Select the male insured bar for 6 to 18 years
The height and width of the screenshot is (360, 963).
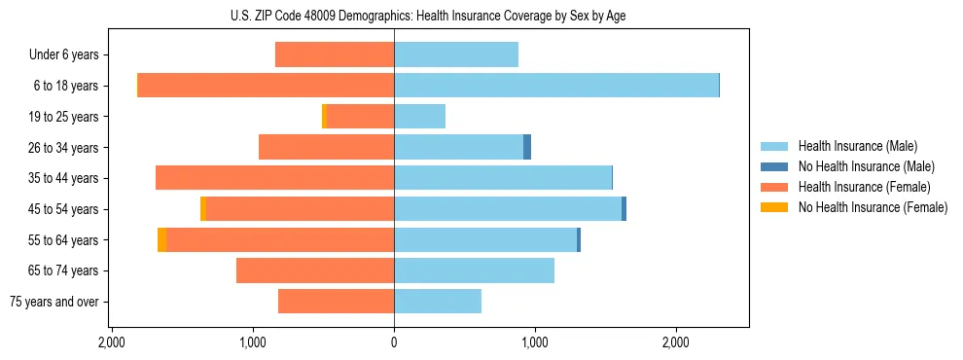(x=555, y=86)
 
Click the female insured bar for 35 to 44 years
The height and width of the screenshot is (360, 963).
(x=274, y=178)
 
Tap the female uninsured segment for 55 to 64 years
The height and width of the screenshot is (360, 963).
(x=161, y=239)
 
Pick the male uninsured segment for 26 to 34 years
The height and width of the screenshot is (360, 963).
(x=527, y=147)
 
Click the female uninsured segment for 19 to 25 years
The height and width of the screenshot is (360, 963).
(x=324, y=117)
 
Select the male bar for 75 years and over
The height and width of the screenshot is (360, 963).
(x=438, y=302)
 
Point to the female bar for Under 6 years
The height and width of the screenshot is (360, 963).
(x=335, y=54)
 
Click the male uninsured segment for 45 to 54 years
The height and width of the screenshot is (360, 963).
(x=624, y=209)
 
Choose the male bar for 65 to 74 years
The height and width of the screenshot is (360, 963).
(x=474, y=270)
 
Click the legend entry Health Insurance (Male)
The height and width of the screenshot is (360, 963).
(x=857, y=146)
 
